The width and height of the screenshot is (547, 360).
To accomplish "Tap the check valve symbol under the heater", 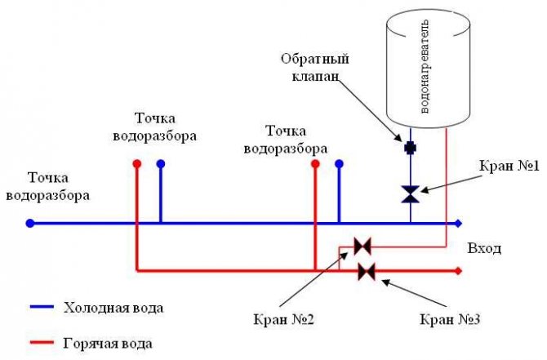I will click(x=411, y=149).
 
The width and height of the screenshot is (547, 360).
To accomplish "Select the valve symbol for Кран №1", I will click(x=411, y=193).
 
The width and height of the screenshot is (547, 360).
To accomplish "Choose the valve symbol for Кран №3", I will click(x=367, y=270).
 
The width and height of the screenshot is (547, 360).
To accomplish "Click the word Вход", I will click(x=484, y=247).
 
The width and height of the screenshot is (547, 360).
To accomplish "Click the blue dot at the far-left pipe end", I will click(x=29, y=223).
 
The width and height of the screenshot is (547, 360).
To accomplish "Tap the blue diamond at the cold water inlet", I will click(x=459, y=223).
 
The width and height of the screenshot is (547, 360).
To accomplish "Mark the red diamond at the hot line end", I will click(x=459, y=270).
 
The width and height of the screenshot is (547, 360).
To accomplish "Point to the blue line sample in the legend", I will click(x=35, y=309).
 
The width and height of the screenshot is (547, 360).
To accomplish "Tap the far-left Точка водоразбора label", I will click(x=47, y=187).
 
